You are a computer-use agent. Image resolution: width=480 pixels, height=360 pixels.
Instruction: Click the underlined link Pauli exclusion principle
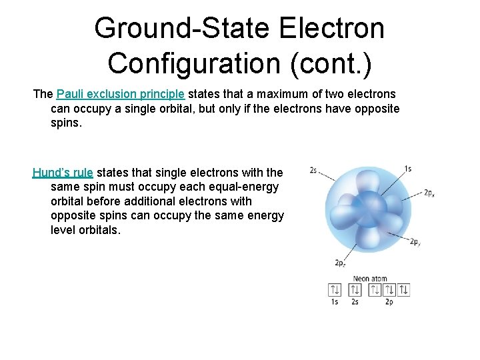tap(121, 94)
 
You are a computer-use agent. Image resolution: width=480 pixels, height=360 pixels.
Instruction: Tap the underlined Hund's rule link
tap(63, 173)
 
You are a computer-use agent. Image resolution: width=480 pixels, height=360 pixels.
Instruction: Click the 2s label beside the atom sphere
tap(313, 170)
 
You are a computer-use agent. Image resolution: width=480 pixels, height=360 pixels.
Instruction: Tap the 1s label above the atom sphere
tap(407, 169)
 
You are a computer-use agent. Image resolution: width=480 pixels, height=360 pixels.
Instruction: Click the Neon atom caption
tap(370, 279)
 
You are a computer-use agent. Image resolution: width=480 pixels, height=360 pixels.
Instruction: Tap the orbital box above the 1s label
tap(335, 289)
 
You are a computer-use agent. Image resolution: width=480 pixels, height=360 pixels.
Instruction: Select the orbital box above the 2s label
tap(355, 289)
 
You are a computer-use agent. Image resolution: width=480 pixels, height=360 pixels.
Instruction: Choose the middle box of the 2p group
tap(389, 289)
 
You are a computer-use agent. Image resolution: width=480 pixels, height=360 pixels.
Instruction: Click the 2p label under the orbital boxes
tap(389, 302)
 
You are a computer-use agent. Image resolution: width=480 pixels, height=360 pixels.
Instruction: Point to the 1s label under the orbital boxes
tap(335, 302)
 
